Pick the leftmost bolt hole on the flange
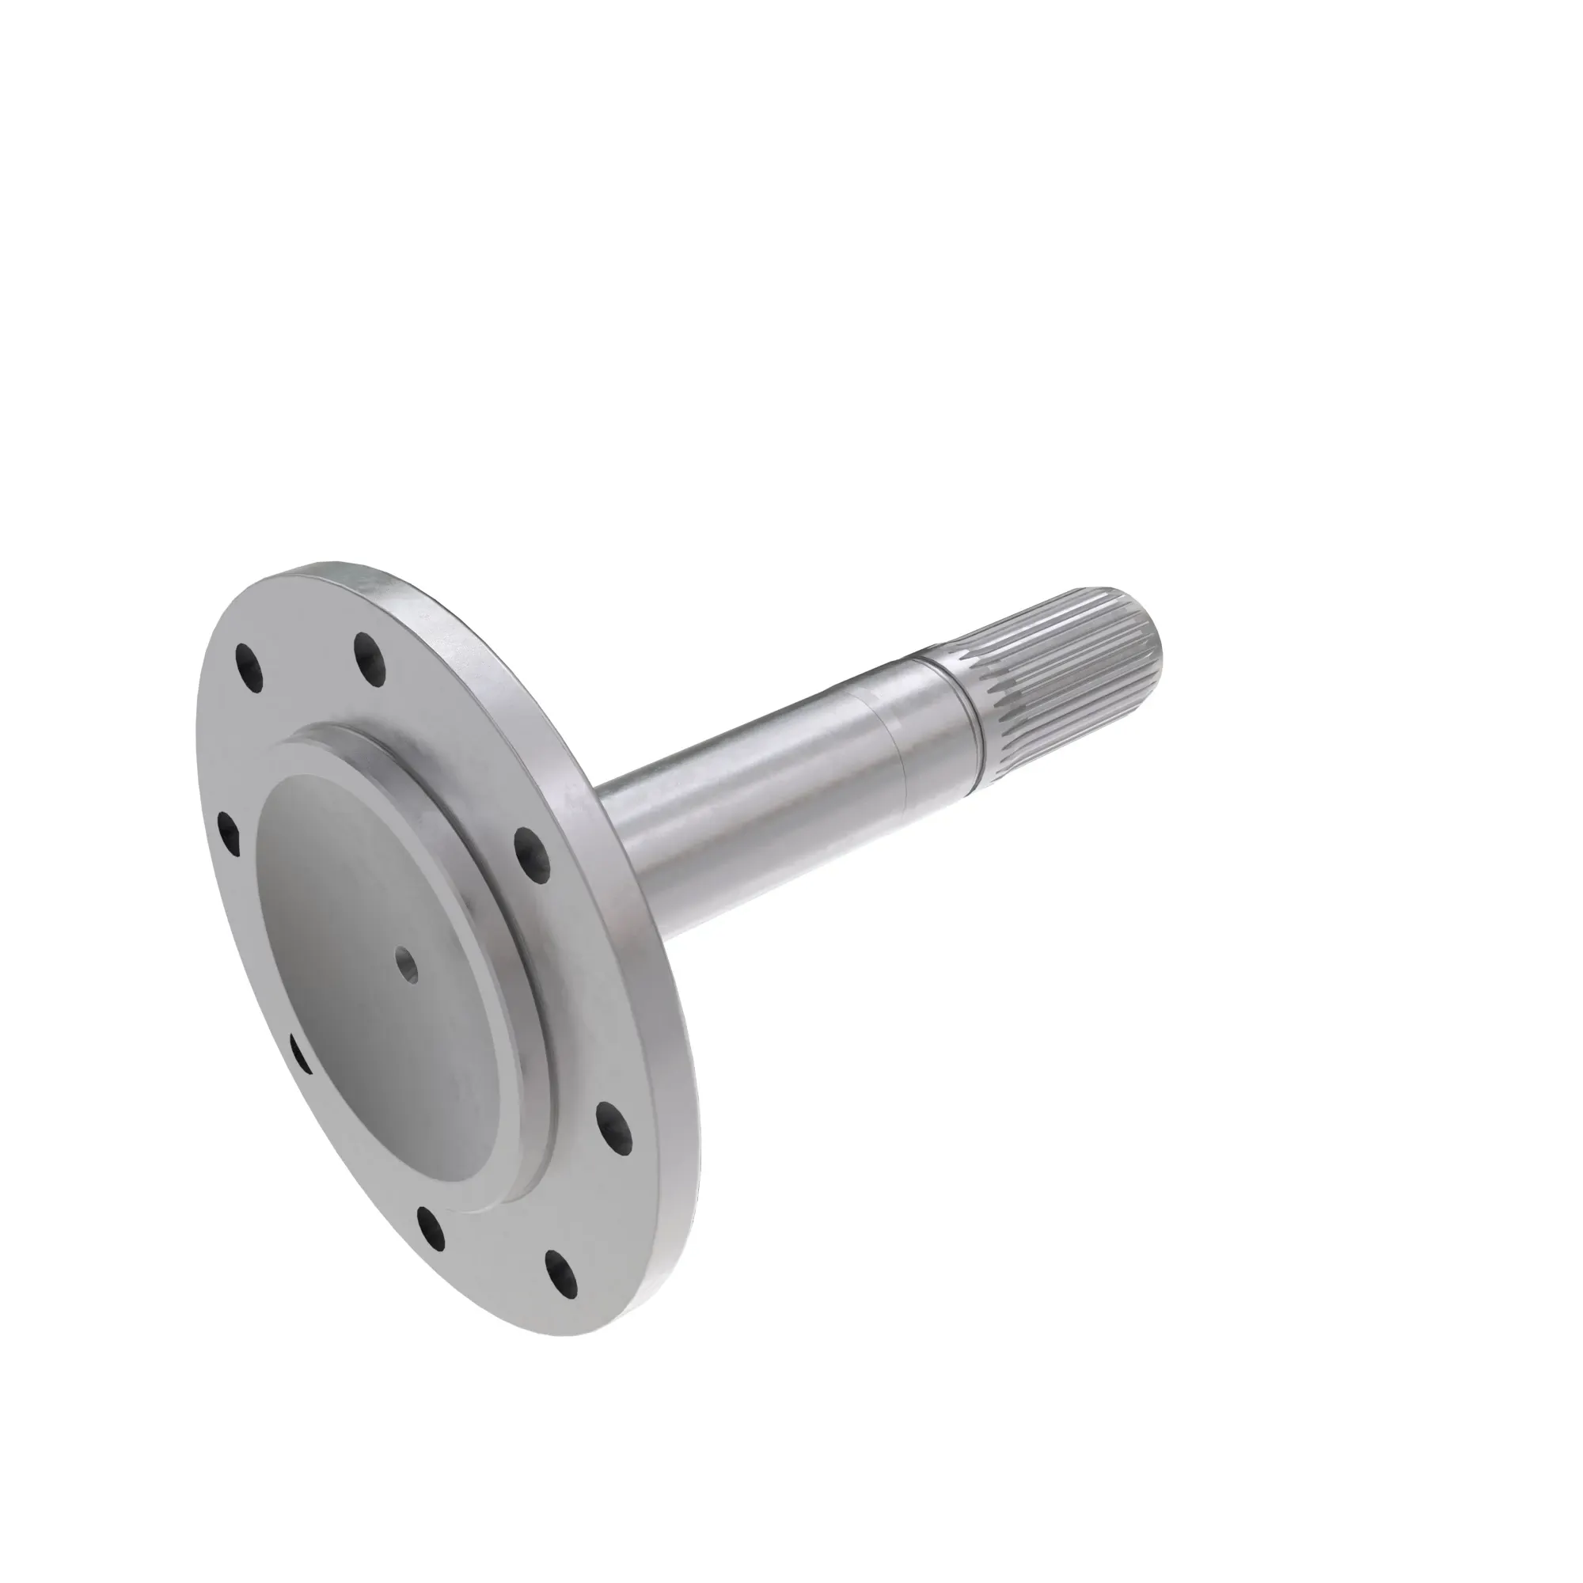[x=229, y=833]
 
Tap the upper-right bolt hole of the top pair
[x=370, y=654]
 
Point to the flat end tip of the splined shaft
[x=1147, y=631]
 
